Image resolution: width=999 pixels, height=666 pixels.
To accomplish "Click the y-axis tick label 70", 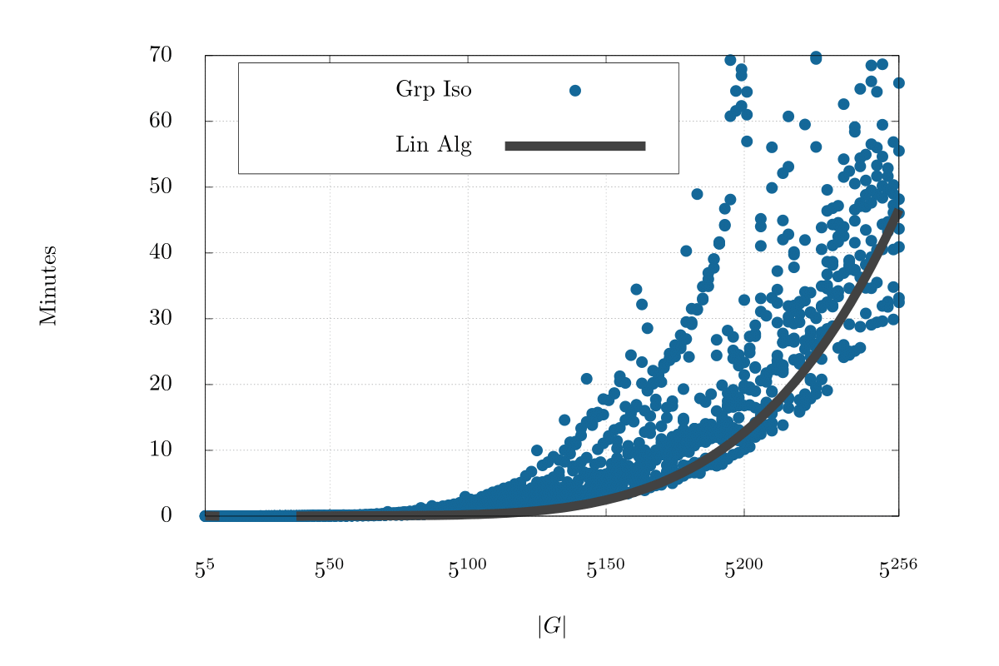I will click(161, 56).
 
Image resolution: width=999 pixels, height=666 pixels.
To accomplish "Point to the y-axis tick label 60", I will click(161, 122).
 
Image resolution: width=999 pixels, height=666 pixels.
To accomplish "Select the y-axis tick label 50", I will click(161, 187).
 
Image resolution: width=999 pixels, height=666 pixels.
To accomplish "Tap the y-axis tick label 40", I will click(161, 253).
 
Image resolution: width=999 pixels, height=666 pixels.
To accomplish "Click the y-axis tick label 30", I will click(161, 319).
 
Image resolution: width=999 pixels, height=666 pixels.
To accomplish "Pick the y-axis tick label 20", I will click(161, 385).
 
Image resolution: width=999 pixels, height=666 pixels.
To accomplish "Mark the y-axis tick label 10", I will click(161, 450).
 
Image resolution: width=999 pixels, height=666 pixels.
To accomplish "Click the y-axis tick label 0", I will click(166, 516).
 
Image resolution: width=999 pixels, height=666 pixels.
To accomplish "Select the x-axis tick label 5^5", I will click(205, 570).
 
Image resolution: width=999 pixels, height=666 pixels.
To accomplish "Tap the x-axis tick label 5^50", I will click(329, 570).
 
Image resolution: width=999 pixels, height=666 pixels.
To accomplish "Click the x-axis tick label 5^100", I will click(467, 570).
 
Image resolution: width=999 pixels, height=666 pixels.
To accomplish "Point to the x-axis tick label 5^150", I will click(605, 570).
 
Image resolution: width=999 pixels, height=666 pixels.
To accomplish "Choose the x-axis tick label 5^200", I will click(743, 570).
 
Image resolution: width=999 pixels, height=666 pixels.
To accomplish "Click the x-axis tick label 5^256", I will click(898, 570).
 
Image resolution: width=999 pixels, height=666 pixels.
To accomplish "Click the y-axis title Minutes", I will click(47, 286).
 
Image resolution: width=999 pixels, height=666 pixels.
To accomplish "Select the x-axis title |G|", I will click(551, 626).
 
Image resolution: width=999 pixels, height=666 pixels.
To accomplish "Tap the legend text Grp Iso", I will click(434, 90).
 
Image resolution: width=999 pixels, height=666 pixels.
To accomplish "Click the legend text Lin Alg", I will click(434, 146).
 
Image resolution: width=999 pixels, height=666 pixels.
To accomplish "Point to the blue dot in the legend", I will click(574, 90).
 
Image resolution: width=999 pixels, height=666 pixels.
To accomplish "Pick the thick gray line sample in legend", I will click(574, 147).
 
